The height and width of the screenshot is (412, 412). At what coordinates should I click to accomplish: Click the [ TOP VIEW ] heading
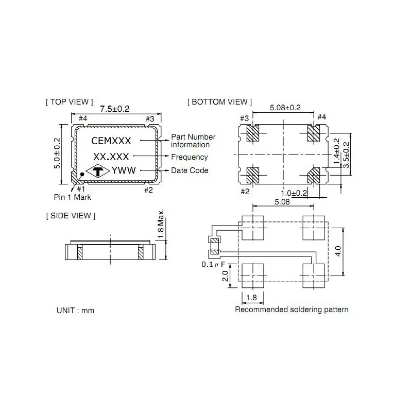[x=70, y=102]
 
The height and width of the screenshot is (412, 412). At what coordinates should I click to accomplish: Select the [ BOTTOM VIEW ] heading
[x=220, y=102]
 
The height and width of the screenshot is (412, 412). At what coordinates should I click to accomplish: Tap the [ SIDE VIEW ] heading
[x=71, y=215]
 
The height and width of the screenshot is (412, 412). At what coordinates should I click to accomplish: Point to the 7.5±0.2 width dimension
[x=114, y=109]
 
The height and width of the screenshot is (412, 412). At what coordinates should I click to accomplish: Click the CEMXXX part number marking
[x=111, y=140]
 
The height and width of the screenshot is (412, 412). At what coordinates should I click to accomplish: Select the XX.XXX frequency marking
[x=111, y=157]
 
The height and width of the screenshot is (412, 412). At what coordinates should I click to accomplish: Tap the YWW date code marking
[x=124, y=171]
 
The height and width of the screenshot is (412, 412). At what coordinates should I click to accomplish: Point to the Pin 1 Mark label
[x=73, y=197]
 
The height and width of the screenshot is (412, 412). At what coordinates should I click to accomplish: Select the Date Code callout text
[x=190, y=170]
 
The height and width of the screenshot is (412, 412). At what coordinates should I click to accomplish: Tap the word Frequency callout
[x=190, y=157]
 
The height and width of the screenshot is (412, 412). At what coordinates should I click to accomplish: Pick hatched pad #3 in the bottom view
[x=253, y=134]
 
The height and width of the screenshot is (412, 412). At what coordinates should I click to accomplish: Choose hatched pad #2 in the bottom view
[x=253, y=175]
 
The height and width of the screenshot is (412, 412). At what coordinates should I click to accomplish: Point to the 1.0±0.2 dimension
[x=294, y=193]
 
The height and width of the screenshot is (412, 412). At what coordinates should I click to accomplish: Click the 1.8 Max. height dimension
[x=161, y=223]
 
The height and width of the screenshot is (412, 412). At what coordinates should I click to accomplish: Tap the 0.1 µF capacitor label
[x=213, y=265]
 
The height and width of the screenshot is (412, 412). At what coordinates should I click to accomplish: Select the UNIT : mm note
[x=75, y=311]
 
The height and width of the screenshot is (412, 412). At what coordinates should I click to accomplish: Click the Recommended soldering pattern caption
[x=291, y=310]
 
